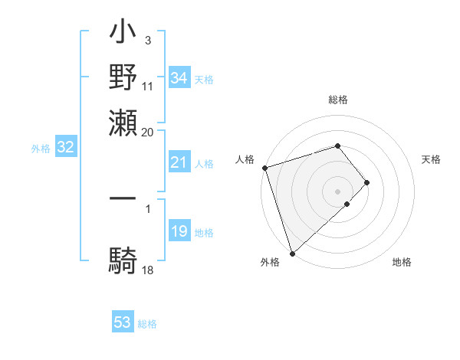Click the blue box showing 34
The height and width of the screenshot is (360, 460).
click(179, 78)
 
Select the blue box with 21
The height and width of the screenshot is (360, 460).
click(179, 162)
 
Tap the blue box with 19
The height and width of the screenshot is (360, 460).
click(179, 232)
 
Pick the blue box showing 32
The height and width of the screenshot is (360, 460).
click(65, 148)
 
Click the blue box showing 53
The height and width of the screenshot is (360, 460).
click(123, 322)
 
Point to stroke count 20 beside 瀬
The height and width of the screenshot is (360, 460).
click(147, 131)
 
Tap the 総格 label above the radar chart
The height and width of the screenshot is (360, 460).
click(338, 100)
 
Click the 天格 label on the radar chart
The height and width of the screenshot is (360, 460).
click(432, 159)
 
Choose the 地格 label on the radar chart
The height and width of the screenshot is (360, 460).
click(402, 262)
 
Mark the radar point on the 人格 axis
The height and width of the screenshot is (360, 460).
click(264, 168)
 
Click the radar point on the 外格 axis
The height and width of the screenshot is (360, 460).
click(292, 254)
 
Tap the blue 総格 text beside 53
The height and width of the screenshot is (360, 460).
click(147, 324)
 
